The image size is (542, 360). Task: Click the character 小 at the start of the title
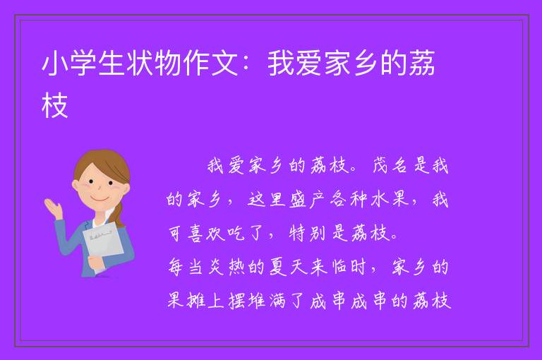(55, 64)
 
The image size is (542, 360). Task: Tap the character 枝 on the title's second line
(54, 104)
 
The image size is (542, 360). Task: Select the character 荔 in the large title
(422, 63)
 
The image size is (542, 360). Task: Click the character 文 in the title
(224, 64)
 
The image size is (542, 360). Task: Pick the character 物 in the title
(168, 64)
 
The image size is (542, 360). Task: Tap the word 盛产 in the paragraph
(306, 199)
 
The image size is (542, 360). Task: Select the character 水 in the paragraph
(379, 200)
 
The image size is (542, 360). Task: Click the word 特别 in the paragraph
(307, 233)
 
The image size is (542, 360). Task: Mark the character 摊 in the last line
(197, 301)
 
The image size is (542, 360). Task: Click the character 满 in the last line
(277, 301)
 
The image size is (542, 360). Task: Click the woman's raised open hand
(54, 208)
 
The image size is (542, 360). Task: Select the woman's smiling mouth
(100, 199)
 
